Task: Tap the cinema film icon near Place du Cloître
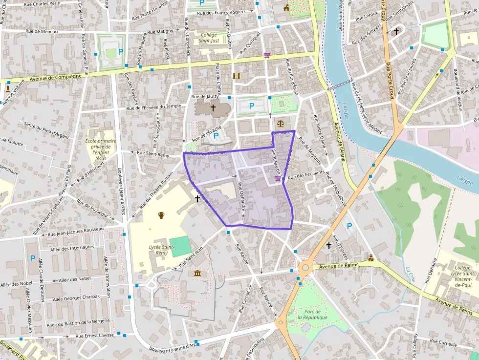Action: click(237, 76)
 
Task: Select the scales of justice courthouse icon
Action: click(280, 123)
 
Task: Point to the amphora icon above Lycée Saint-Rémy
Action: click(161, 215)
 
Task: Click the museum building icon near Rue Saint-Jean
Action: click(197, 273)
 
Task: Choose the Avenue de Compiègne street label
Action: click(55, 77)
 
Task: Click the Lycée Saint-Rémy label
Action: click(162, 250)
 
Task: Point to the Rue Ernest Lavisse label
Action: click(94, 336)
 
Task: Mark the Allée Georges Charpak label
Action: click(76, 297)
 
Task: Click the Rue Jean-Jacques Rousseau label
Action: click(73, 231)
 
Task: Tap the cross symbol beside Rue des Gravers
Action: click(396, 31)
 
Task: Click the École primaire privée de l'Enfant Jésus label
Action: click(101, 149)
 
